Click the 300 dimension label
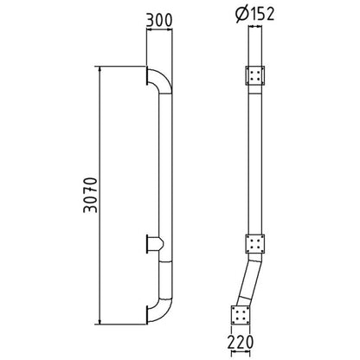[x=159, y=21]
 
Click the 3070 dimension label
[x=90, y=195]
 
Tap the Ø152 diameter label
[x=254, y=14]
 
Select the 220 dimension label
[x=241, y=342]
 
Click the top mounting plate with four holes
[x=254, y=75]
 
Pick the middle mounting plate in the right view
[x=255, y=244]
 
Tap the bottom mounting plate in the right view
[x=241, y=315]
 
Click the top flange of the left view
[x=147, y=76]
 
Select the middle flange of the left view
[x=147, y=244]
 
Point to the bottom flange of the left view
[x=147, y=315]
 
